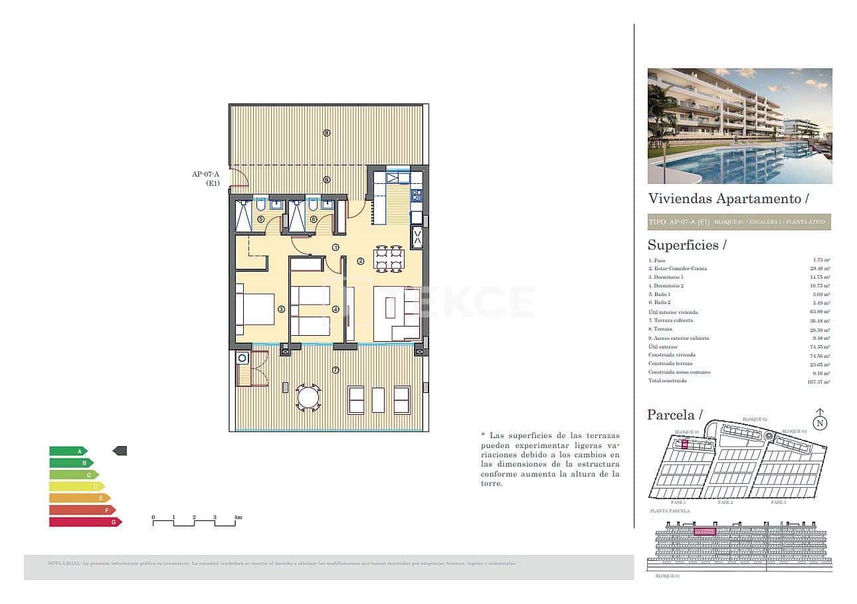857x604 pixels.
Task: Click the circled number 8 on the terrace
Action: [x=326, y=133]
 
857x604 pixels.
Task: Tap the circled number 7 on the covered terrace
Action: [x=335, y=370]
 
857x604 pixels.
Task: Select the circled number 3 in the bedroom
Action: [x=281, y=309]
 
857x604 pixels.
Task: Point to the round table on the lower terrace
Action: [x=308, y=398]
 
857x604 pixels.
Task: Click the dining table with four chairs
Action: [x=389, y=259]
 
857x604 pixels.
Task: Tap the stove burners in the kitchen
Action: [x=417, y=196]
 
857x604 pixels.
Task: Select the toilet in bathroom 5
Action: [x=260, y=205]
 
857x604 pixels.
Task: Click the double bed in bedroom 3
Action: [x=256, y=309]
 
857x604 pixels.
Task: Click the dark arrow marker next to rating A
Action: [x=120, y=451]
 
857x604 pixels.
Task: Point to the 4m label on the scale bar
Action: [x=237, y=517]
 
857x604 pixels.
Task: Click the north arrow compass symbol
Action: [x=820, y=420]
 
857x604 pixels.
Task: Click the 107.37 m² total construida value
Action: [x=820, y=382]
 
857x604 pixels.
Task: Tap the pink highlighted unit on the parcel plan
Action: [x=684, y=445]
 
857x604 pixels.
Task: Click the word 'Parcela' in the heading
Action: [x=670, y=415]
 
